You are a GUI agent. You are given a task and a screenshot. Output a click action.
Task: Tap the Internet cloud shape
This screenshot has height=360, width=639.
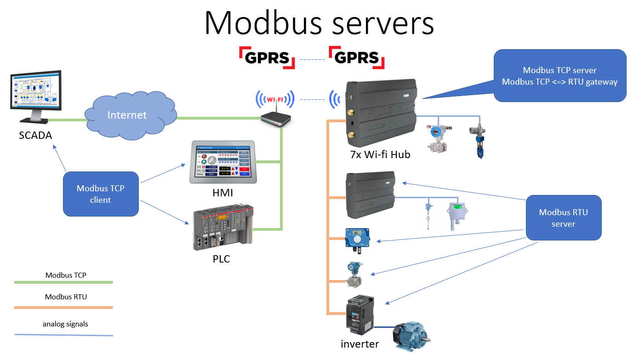(127, 115)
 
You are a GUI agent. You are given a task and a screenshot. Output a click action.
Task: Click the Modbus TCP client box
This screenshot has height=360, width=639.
(101, 194)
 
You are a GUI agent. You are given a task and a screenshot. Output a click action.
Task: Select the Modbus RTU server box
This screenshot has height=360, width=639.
(563, 218)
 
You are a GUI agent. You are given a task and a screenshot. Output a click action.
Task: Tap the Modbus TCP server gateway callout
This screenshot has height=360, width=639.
(559, 76)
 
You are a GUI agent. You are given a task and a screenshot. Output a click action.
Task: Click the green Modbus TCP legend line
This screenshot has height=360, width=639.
(63, 282)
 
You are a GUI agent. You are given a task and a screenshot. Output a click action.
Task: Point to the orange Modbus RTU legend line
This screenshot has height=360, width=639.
(63, 308)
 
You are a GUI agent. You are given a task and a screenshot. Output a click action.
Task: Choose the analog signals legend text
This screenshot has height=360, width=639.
(65, 324)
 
